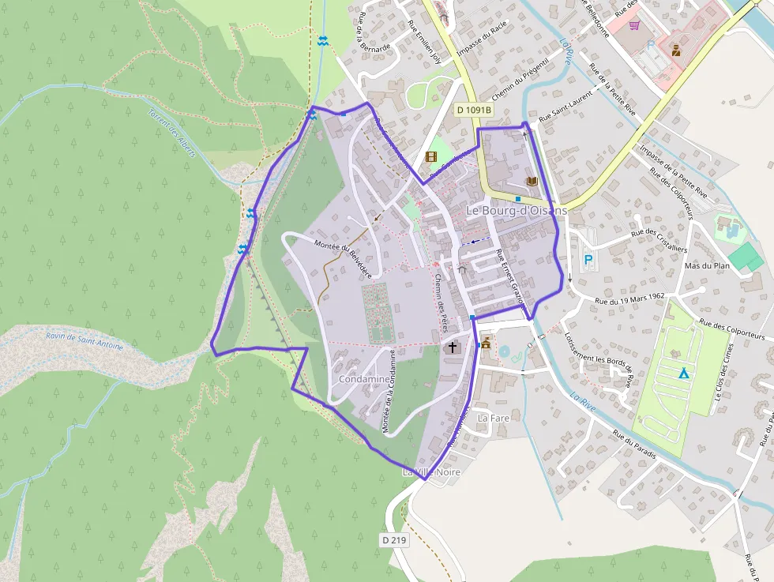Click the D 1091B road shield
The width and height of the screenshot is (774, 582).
(x=474, y=111)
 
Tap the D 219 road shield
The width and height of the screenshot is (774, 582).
(x=395, y=540)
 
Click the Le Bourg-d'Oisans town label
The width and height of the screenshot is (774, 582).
(x=517, y=211)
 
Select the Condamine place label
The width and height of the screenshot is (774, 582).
(x=363, y=379)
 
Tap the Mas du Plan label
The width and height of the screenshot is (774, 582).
(x=706, y=265)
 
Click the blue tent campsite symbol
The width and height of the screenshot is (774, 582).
(x=683, y=372)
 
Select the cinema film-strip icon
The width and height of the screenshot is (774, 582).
(x=430, y=156)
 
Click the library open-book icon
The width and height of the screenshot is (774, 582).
(x=532, y=182)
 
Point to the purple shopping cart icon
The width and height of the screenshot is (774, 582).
(x=633, y=24)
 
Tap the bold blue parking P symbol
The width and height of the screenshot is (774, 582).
(x=588, y=259)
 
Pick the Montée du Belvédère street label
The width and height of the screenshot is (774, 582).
(x=343, y=257)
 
